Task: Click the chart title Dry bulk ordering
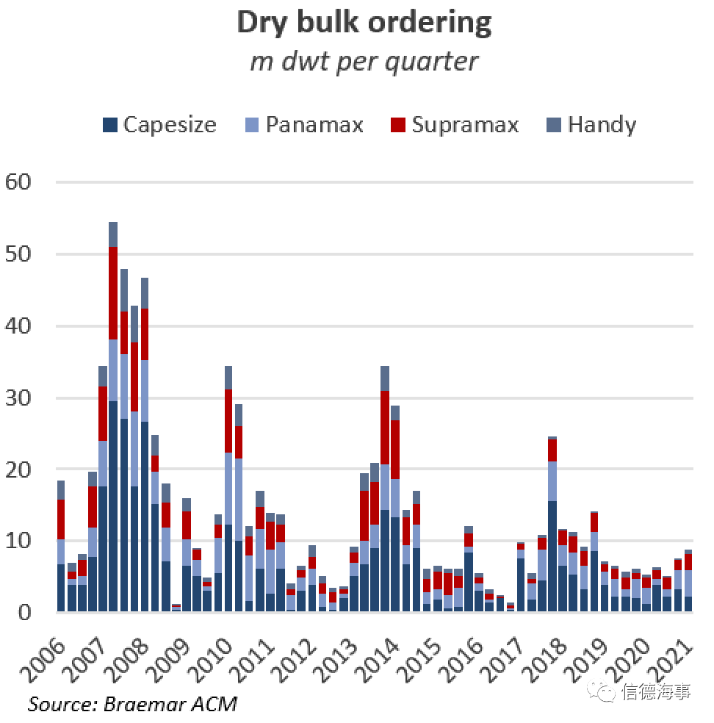[x=364, y=23]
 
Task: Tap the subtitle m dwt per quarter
[x=364, y=61]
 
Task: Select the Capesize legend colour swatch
[x=110, y=125]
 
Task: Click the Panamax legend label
[x=314, y=125]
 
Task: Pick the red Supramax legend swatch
[x=397, y=125]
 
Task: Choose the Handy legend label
[x=602, y=125]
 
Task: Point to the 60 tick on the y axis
[x=20, y=182]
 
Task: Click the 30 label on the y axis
[x=20, y=398]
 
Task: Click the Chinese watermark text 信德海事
[x=657, y=692]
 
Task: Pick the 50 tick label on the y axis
[x=20, y=254]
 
